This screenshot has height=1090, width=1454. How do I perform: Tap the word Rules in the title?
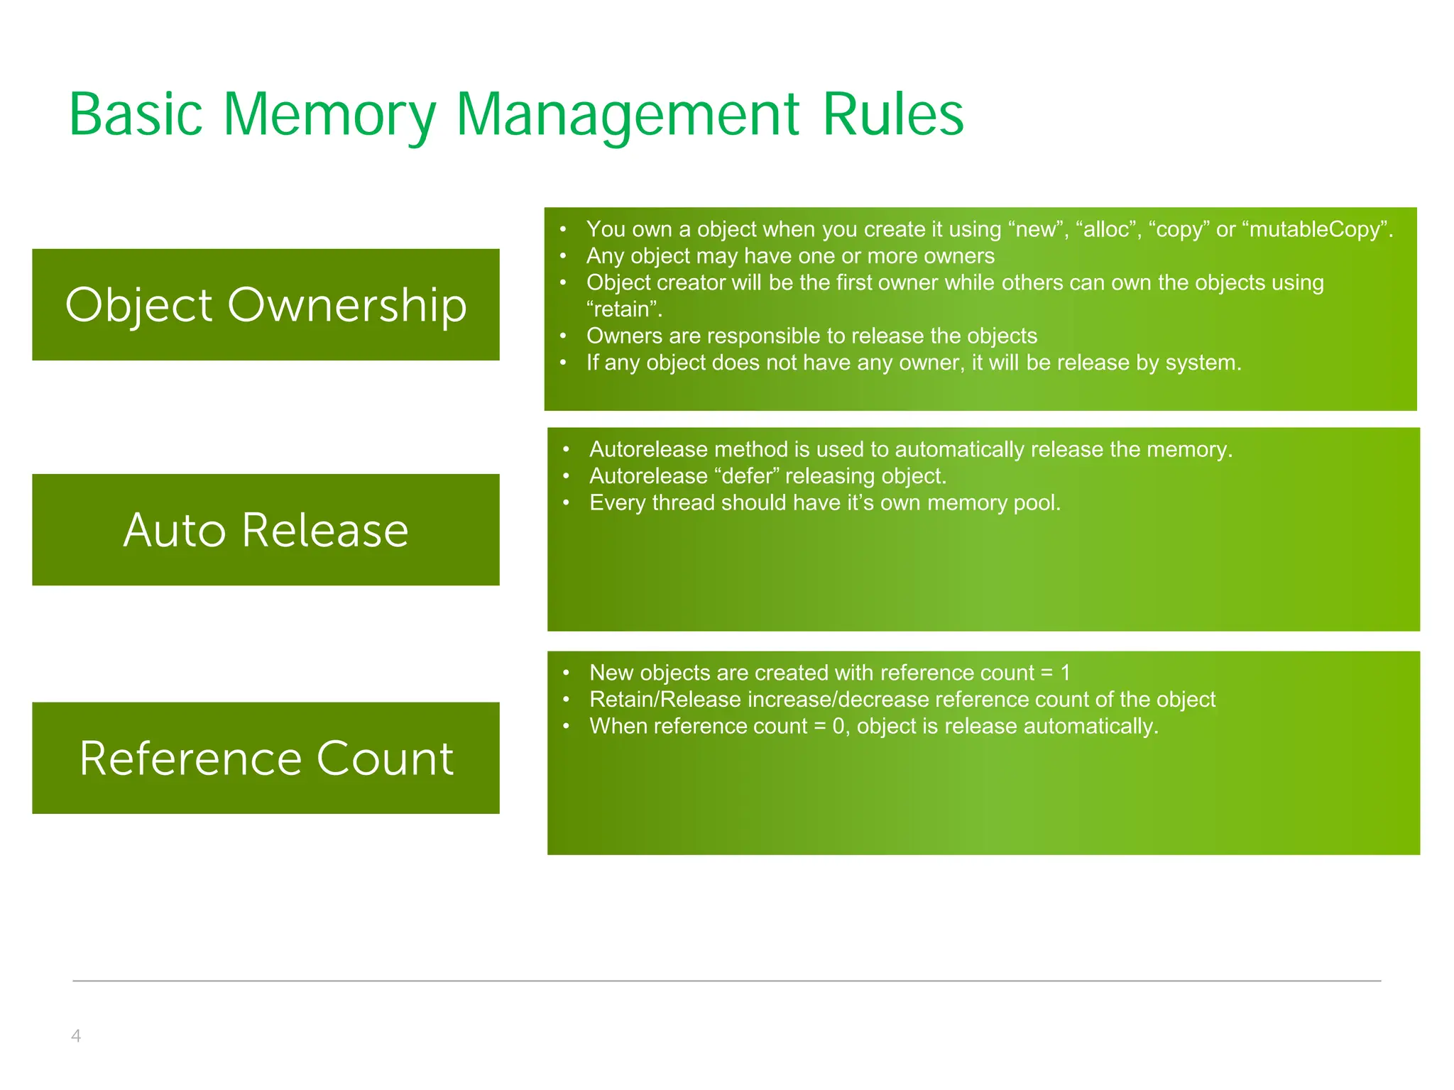tap(893, 115)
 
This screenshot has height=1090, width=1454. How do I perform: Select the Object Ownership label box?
tap(266, 304)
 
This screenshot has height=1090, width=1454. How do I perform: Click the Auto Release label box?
tap(266, 529)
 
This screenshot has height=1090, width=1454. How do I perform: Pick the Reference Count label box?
tap(266, 758)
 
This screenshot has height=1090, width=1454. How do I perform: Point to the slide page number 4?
tap(76, 1035)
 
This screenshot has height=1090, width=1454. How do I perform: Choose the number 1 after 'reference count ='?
tap(1065, 673)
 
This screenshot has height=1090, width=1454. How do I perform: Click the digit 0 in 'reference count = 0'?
tap(838, 727)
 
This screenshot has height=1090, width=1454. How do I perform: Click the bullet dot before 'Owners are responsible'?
tap(563, 336)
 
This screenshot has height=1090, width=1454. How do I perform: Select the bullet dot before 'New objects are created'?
tap(566, 673)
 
